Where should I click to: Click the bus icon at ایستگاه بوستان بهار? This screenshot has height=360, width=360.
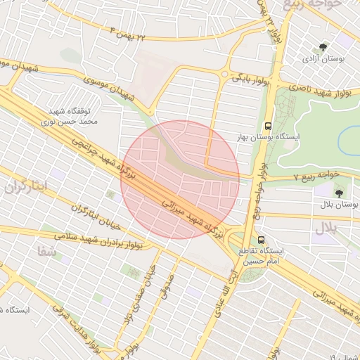(266, 127)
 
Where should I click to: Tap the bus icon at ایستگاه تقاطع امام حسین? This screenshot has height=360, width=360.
(262, 240)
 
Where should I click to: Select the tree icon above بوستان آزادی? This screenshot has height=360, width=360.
(323, 47)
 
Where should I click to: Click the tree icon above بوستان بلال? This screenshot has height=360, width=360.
(339, 192)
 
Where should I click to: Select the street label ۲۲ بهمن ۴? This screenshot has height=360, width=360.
(130, 32)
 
